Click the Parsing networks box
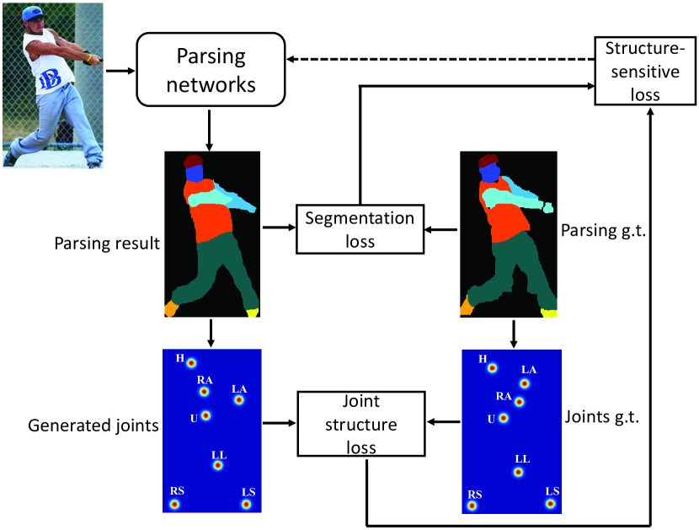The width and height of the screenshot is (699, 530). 211,70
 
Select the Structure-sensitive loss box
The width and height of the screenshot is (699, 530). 645,71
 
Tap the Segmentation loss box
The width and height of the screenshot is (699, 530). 360,229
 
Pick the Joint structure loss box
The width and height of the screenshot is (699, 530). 361,424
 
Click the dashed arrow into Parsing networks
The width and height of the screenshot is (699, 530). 440,59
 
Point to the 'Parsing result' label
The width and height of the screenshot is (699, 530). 107,244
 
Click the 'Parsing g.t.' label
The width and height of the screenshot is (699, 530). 603,231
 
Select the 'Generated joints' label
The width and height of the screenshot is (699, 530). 93,426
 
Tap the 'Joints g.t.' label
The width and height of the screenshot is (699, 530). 602,417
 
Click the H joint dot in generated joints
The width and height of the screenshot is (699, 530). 191,363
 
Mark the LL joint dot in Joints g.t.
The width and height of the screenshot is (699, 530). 518,472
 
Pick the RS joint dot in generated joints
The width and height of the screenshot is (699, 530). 175,505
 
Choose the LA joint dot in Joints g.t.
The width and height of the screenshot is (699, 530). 525,383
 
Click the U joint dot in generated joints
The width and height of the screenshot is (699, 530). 205,415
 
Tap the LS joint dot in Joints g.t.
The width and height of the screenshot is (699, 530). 551,504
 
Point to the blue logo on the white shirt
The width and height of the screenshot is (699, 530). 50,80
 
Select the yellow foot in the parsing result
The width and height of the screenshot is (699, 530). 253,313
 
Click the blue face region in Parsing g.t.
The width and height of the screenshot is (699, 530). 490,173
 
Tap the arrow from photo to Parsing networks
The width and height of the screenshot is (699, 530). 120,71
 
